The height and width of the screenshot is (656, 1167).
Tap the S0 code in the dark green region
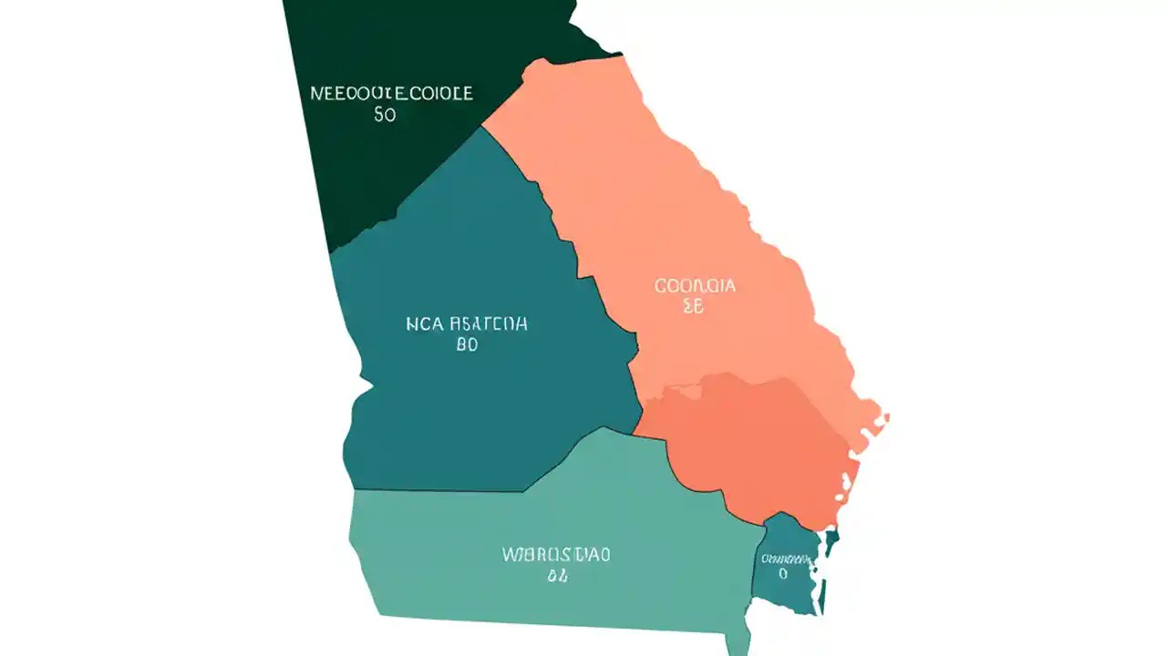385,116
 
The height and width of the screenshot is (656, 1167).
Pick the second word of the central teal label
486,323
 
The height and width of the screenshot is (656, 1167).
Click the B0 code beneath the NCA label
465,346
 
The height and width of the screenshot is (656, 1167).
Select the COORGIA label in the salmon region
695,286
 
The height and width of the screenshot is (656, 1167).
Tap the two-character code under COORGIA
694,308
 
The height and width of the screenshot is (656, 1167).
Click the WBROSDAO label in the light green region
556,554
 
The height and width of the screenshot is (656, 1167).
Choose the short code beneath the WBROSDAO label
558,576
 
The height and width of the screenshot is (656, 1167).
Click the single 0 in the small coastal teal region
782,574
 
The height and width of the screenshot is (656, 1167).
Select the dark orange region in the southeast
757,446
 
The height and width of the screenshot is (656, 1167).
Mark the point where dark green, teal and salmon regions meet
482,127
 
